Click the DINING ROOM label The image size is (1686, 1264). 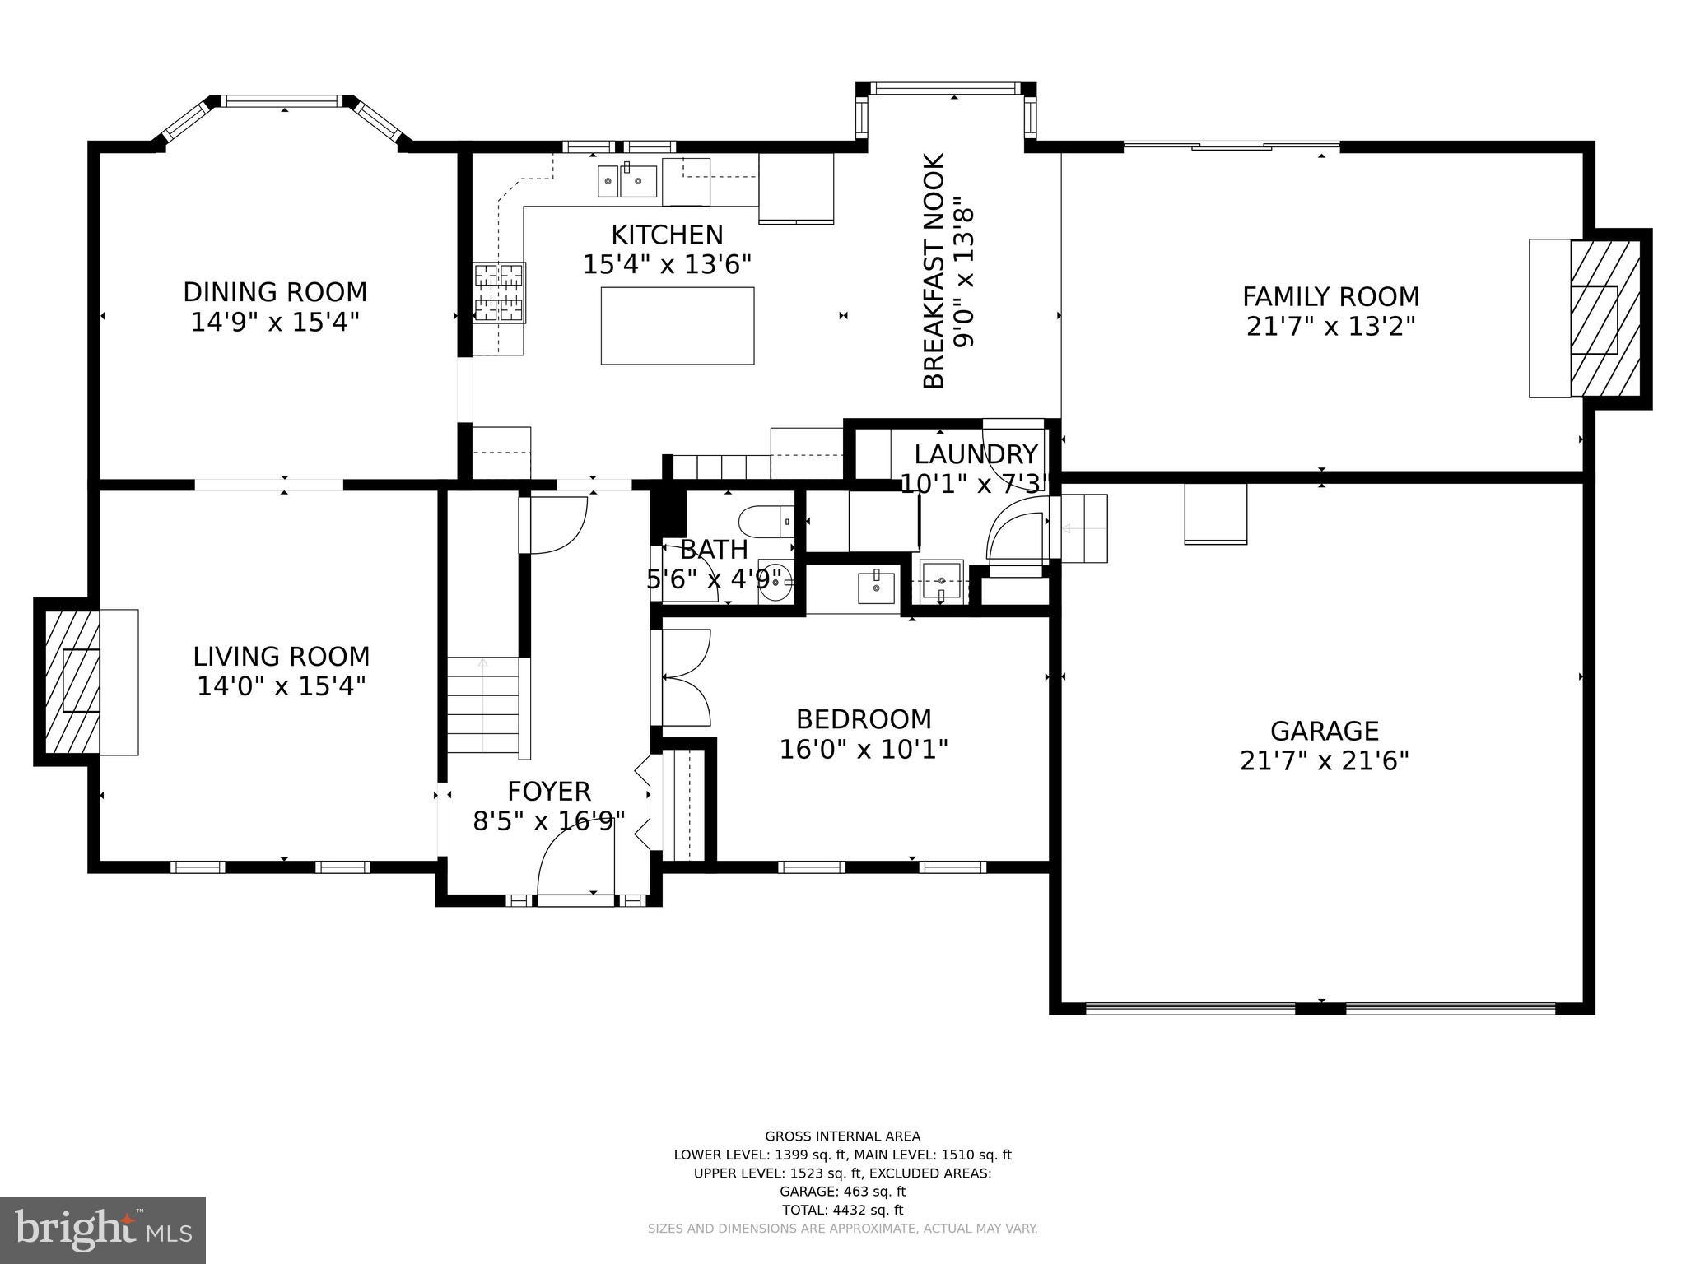(x=275, y=292)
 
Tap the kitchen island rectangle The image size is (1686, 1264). (x=677, y=326)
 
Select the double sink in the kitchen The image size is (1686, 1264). (x=627, y=181)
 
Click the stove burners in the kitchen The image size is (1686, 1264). (x=499, y=292)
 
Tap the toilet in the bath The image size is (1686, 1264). (x=765, y=522)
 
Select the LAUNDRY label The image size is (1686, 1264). (x=976, y=454)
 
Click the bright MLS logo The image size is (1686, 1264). (x=103, y=1229)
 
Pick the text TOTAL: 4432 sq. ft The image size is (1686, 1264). (x=842, y=1210)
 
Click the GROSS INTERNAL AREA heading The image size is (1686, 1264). (x=842, y=1136)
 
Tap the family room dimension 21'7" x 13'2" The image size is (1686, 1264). (x=1330, y=327)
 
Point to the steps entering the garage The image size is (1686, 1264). (x=1084, y=527)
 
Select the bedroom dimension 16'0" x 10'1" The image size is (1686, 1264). (x=864, y=750)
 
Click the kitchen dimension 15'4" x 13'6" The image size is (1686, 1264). (x=667, y=265)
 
